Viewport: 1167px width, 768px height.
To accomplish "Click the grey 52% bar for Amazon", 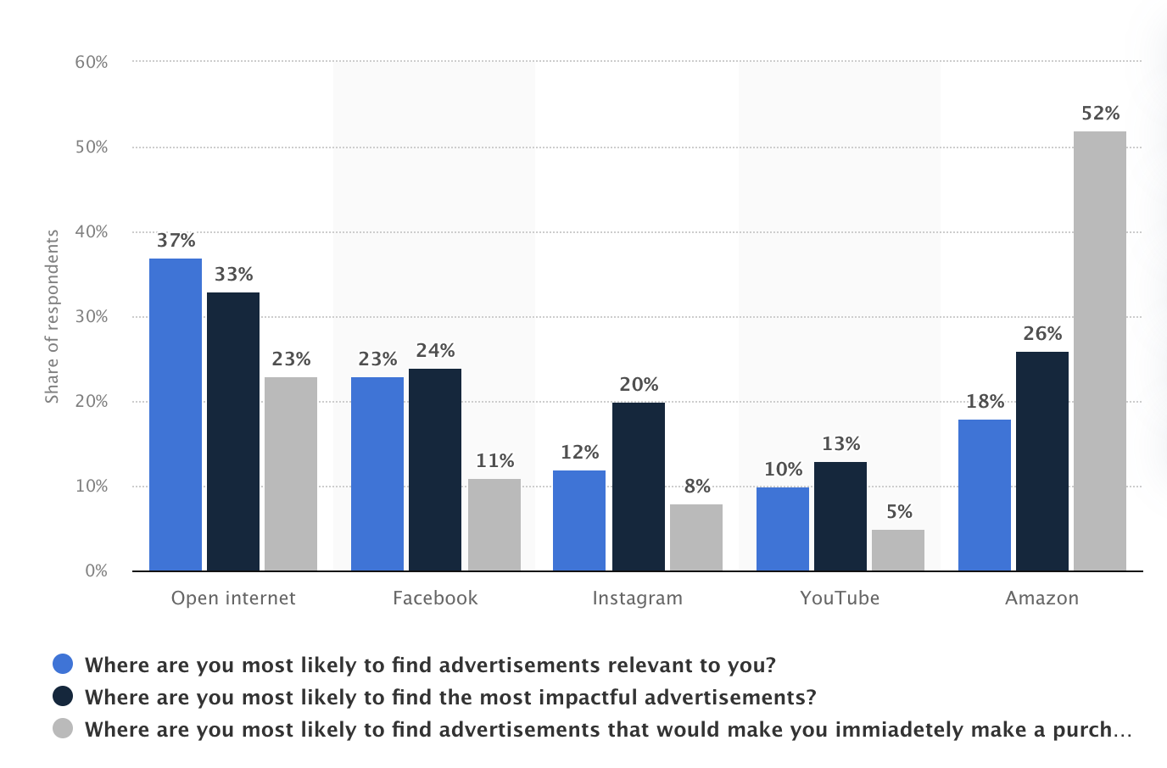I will [x=1099, y=351].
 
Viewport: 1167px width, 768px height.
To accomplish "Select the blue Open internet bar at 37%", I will [x=176, y=415].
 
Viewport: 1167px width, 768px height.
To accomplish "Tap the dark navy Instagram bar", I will [x=638, y=487].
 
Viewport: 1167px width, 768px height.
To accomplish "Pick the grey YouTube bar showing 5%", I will [x=897, y=550].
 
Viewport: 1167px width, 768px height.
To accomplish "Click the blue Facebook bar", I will [x=377, y=474].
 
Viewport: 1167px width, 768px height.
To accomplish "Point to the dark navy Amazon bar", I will [x=1041, y=461].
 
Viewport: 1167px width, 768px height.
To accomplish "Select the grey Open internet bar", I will [x=291, y=474].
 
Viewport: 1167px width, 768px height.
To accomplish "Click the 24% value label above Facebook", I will [x=435, y=351].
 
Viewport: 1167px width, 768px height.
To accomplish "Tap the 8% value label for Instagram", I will [x=697, y=487].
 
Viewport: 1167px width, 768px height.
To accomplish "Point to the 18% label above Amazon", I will [x=985, y=402].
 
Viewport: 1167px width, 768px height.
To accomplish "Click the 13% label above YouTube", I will [x=840, y=444].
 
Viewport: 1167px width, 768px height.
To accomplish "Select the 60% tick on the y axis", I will [x=92, y=62].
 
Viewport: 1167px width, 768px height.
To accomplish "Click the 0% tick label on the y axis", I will [x=96, y=570].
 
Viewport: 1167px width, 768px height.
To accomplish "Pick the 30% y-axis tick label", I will [x=92, y=316].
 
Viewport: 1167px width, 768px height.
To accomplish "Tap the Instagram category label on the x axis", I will [x=637, y=598].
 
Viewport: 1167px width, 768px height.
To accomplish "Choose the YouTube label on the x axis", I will [x=840, y=598].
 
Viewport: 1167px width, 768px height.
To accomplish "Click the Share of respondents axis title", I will [x=53, y=316].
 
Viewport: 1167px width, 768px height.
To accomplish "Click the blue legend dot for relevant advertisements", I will [x=63, y=664].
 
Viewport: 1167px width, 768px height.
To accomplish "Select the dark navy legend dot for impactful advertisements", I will [x=63, y=696].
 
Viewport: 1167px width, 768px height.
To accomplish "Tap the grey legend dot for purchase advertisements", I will [x=63, y=728].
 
